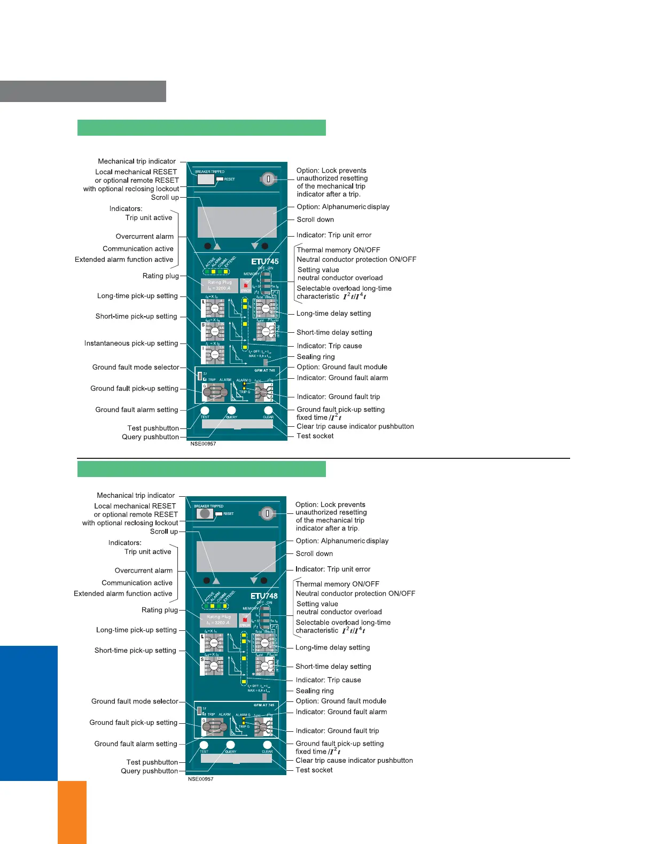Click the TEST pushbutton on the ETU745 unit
(205, 410)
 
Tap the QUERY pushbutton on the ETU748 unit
(230, 745)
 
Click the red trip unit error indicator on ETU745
(246, 285)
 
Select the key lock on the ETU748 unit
(267, 513)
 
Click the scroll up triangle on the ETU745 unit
(217, 246)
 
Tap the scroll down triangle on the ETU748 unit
(254, 580)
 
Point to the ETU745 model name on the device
(265, 261)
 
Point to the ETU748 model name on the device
(264, 596)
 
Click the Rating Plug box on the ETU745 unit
(219, 285)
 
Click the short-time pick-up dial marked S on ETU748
(213, 666)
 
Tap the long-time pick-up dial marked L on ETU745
(214, 308)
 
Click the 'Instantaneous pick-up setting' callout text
(131, 343)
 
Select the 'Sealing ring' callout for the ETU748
(314, 691)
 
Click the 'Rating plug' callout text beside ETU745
(160, 276)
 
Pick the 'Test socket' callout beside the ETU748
(314, 770)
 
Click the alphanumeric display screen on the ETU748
(236, 556)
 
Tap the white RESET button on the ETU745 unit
(220, 179)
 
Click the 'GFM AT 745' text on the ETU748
(264, 705)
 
